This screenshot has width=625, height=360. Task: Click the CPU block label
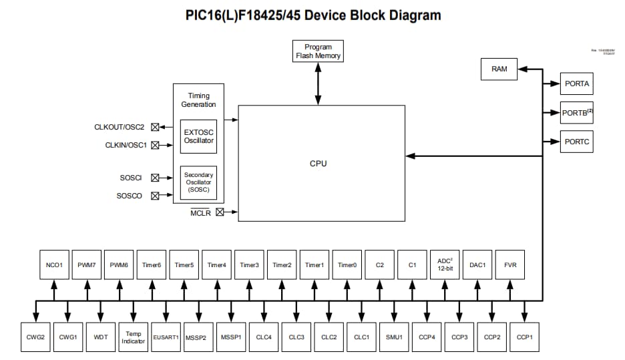[x=319, y=164]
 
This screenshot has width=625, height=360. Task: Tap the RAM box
[x=499, y=69]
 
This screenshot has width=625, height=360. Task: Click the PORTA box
[x=576, y=84]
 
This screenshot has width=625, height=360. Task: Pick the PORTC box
[x=576, y=142]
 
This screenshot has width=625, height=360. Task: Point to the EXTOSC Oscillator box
[x=198, y=136]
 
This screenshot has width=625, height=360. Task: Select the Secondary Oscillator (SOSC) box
[x=198, y=183]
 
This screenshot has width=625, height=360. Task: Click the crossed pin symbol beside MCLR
[x=220, y=212]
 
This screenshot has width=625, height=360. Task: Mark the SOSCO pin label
[x=129, y=196]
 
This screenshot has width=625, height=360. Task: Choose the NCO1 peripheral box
[x=54, y=265]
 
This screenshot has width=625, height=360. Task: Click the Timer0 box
[x=347, y=265]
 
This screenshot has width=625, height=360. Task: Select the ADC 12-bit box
[x=445, y=265]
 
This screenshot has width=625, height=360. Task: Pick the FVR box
[x=511, y=265]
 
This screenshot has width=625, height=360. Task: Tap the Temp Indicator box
[x=133, y=337]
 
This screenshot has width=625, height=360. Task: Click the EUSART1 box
[x=166, y=337]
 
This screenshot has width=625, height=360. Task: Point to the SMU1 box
[x=394, y=337]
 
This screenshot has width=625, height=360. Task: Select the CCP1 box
[x=525, y=337]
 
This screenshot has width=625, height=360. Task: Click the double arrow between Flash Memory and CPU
[x=318, y=84]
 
